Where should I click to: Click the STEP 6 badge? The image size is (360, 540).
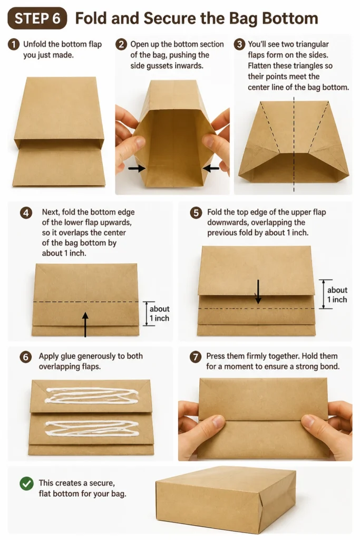point(37,18)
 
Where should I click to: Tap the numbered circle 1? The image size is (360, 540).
point(13,44)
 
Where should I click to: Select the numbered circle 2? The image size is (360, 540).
point(121,44)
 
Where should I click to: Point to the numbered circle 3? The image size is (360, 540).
point(239,44)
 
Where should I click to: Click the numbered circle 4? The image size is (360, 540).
point(26,213)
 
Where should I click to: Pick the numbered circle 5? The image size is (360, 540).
point(196,213)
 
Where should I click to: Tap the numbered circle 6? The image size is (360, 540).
point(26,357)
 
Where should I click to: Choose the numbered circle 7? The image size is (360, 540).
point(196,357)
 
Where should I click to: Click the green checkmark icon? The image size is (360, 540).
point(26,483)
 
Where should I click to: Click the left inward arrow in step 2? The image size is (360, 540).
point(137,168)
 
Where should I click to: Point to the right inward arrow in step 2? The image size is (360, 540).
point(211,168)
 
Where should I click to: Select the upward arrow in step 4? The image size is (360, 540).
point(85,324)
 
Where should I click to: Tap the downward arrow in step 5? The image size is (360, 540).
point(258,292)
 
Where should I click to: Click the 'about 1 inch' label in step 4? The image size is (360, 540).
point(159,313)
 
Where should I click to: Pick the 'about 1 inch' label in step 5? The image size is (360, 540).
point(337,295)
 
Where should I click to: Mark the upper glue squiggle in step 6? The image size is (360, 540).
point(92,396)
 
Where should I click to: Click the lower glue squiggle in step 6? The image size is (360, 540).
point(92,428)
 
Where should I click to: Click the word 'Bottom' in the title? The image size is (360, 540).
point(290,18)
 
